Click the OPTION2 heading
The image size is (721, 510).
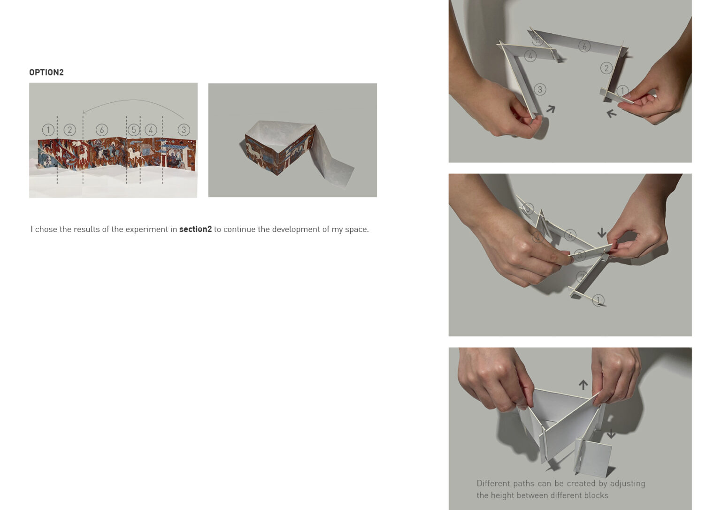pyautogui.click(x=46, y=72)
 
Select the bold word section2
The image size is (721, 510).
pyautogui.click(x=195, y=229)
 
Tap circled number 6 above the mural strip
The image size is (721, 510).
pyautogui.click(x=102, y=130)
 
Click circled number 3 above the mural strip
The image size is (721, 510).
pyautogui.click(x=184, y=130)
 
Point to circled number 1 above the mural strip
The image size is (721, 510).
pyautogui.click(x=48, y=130)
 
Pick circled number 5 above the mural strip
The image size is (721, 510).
pyautogui.click(x=134, y=130)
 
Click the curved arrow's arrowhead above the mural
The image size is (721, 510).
pyautogui.click(x=84, y=112)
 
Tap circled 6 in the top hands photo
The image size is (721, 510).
pyautogui.click(x=584, y=46)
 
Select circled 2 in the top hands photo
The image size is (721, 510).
pyautogui.click(x=606, y=68)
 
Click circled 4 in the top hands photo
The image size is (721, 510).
pyautogui.click(x=530, y=56)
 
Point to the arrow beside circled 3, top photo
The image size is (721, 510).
pyautogui.click(x=551, y=109)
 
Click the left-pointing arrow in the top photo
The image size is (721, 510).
pyautogui.click(x=611, y=113)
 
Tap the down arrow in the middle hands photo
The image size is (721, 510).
pyautogui.click(x=602, y=232)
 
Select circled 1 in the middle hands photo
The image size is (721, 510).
pyautogui.click(x=598, y=300)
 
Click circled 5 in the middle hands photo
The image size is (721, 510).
pyautogui.click(x=528, y=209)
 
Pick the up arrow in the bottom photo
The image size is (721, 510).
pyautogui.click(x=583, y=385)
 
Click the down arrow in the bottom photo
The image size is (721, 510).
pyautogui.click(x=611, y=434)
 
